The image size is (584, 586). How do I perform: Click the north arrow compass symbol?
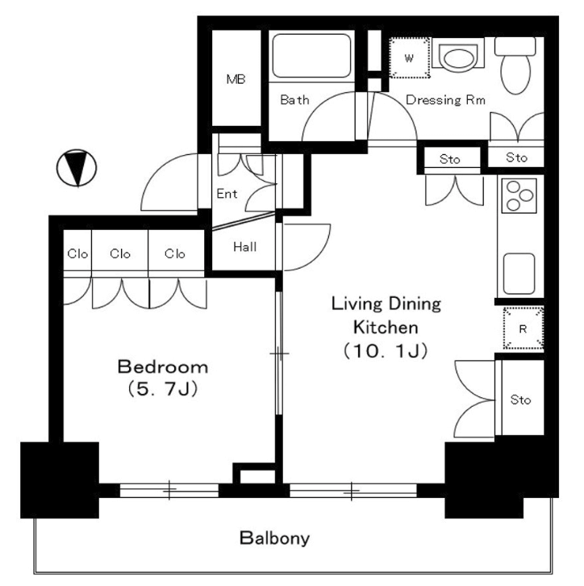pyautogui.click(x=77, y=168)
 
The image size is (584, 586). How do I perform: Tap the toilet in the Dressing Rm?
pyautogui.click(x=515, y=65)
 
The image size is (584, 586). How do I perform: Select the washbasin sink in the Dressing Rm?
pyautogui.click(x=458, y=57)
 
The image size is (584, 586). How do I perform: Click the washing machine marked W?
pyautogui.click(x=409, y=58)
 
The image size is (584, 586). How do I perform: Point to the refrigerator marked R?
pyautogui.click(x=523, y=329)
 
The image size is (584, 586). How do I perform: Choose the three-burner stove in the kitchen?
pyautogui.click(x=519, y=195)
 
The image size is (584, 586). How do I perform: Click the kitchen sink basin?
pyautogui.click(x=519, y=274)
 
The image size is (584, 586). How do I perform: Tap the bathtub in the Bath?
pyautogui.click(x=311, y=56)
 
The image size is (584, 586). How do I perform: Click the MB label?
pyautogui.click(x=236, y=79)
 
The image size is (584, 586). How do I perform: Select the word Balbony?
pyautogui.click(x=274, y=538)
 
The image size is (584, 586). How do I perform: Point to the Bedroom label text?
pyautogui.click(x=163, y=367)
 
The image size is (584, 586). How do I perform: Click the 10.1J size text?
pyautogui.click(x=386, y=351)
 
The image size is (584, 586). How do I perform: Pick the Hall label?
pyautogui.click(x=245, y=247)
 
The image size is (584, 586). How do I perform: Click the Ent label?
pyautogui.click(x=227, y=194)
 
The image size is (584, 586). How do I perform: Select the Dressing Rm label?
pyautogui.click(x=445, y=100)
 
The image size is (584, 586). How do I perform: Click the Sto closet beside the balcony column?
pyautogui.click(x=520, y=400)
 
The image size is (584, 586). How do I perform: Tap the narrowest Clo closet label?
pyautogui.click(x=77, y=253)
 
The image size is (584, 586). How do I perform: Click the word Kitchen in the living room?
pyautogui.click(x=386, y=328)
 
